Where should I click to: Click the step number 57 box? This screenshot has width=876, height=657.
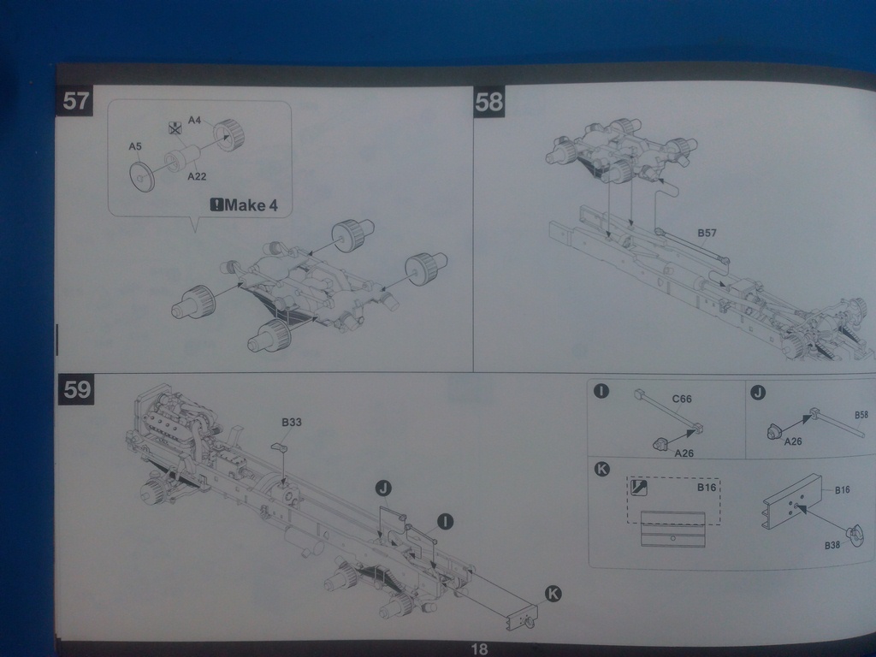click(x=76, y=102)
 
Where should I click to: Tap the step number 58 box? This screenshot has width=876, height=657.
click(x=489, y=103)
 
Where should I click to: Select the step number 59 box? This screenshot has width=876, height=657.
click(x=76, y=389)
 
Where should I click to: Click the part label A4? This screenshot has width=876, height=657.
click(x=194, y=121)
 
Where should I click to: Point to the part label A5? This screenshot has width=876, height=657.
click(x=135, y=147)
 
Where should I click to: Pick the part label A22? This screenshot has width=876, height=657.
click(x=197, y=176)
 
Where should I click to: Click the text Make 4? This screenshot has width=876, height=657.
click(x=250, y=205)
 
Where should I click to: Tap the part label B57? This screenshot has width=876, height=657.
click(x=707, y=233)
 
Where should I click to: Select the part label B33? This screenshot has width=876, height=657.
click(x=292, y=422)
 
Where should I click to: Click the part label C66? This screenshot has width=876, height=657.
click(x=682, y=399)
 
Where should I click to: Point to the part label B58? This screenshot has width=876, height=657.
click(x=861, y=415)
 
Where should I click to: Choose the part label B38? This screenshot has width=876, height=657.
click(x=832, y=545)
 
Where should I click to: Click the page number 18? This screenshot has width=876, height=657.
click(x=478, y=649)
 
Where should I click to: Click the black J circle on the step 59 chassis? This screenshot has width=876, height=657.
click(x=383, y=488)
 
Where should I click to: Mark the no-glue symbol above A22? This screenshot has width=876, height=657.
click(x=175, y=128)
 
